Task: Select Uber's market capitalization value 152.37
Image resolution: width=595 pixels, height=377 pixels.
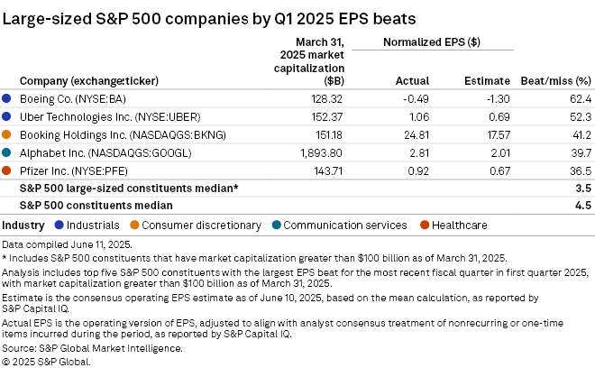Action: coord(325,116)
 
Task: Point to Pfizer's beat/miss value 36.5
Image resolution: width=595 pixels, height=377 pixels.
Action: coord(577,170)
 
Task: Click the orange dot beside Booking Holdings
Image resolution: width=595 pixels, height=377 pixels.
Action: coord(7,134)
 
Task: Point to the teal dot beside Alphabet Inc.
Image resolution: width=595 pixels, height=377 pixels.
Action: coord(7,152)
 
